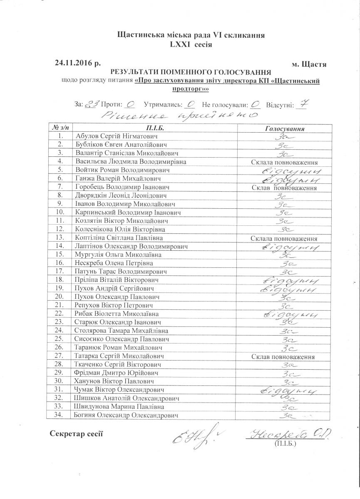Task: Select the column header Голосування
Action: point(285,128)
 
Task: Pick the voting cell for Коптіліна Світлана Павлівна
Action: point(285,239)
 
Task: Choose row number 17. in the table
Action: point(60,272)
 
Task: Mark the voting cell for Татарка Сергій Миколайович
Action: point(285,357)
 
